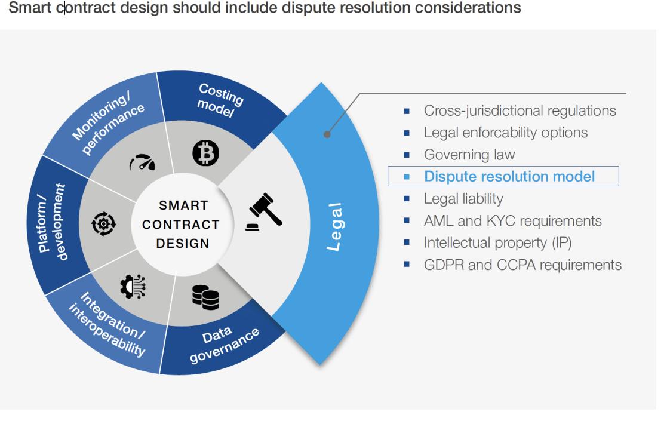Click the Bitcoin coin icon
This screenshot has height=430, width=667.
[205, 153]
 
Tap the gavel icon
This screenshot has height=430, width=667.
[264, 212]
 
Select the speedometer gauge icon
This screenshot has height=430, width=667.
[142, 162]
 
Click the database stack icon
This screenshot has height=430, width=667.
[205, 297]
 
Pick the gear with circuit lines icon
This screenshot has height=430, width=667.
[133, 286]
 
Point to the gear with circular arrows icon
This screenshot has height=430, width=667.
[104, 224]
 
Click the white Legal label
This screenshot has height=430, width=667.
[334, 227]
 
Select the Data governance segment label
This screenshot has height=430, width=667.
[223, 344]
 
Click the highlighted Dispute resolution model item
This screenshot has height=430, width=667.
[509, 177]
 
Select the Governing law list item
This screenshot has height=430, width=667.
[469, 155]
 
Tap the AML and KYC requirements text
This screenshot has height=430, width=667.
[512, 221]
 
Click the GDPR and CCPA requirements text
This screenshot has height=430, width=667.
[522, 265]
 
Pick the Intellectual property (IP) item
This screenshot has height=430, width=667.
[497, 243]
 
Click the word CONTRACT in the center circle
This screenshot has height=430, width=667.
[181, 225]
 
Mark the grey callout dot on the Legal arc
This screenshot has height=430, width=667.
[327, 134]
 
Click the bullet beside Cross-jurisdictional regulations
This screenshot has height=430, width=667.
[407, 111]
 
